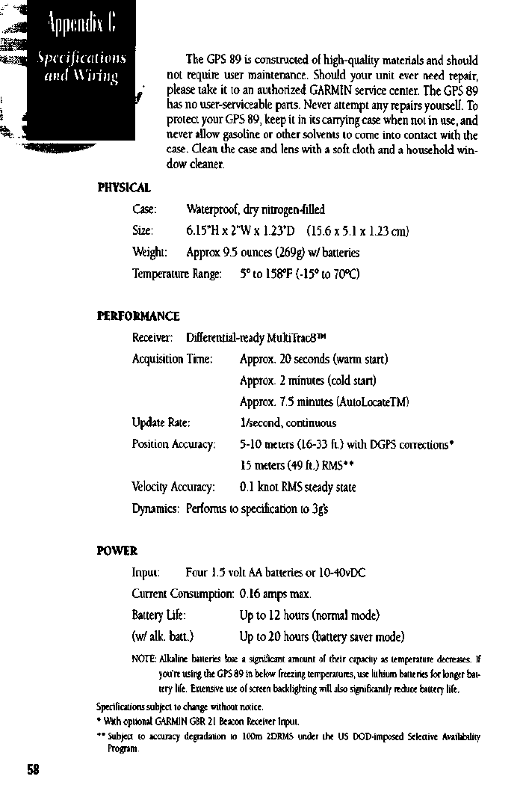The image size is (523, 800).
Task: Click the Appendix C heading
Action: click(81, 28)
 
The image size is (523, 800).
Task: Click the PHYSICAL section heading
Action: click(124, 187)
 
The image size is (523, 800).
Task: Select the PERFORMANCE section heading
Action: click(138, 316)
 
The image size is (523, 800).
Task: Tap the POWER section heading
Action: click(117, 552)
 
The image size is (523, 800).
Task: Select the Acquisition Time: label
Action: click(173, 360)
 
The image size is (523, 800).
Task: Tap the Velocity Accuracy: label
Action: click(173, 487)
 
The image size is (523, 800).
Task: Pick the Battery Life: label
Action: click(158, 616)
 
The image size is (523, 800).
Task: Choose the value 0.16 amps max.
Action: click(275, 594)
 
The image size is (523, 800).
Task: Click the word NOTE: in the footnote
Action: click(144, 659)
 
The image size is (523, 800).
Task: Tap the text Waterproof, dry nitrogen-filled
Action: click(256, 209)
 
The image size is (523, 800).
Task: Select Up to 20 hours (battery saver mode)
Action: click(321, 637)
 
